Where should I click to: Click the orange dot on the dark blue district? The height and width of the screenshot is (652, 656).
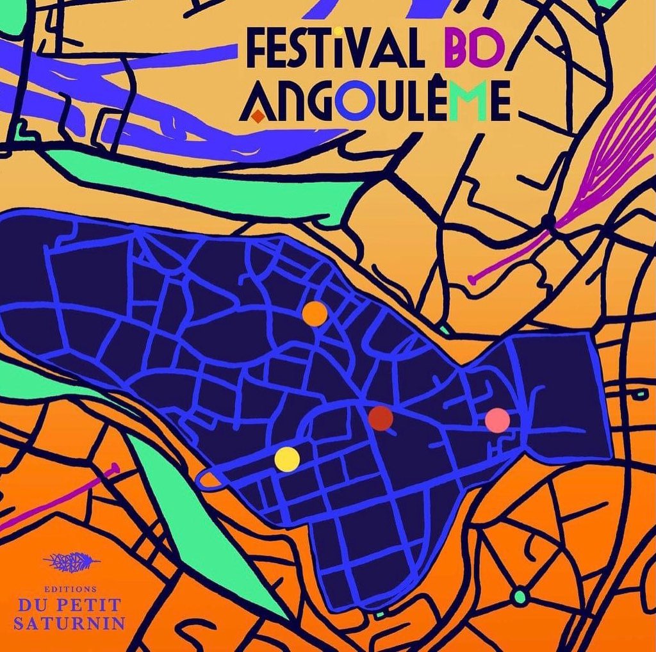[315, 313]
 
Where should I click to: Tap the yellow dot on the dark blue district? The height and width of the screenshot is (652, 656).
[287, 459]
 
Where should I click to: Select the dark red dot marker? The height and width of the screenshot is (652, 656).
[381, 418]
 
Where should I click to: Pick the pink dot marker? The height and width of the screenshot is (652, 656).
[498, 420]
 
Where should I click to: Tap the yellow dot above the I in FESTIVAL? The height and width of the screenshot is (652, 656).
[337, 30]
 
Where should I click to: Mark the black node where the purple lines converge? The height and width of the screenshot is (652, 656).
[548, 221]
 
